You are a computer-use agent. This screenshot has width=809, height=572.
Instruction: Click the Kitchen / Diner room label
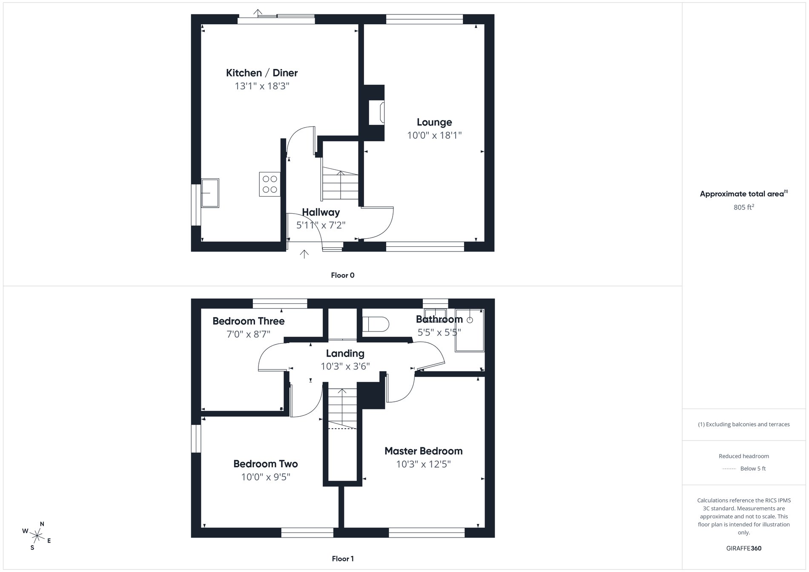point(261,73)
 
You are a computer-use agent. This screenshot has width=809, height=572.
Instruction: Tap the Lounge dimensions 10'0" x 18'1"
point(434,135)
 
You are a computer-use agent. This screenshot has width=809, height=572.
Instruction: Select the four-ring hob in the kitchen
point(270,184)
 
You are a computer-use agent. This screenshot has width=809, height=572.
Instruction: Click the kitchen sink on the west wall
point(210,193)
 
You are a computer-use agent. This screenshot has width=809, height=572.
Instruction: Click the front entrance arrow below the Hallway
point(304,254)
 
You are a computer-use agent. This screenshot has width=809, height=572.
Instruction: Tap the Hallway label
point(321,212)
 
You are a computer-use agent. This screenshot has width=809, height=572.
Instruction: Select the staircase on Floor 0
point(340,184)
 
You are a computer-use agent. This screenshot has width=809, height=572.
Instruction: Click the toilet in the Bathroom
point(376,324)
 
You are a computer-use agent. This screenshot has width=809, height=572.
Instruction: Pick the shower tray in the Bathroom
point(470,331)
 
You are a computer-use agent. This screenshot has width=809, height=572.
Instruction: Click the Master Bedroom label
point(423,451)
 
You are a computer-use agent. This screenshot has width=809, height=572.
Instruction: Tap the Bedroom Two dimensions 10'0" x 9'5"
point(266,477)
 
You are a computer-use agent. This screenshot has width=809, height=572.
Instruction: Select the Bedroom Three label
point(249,321)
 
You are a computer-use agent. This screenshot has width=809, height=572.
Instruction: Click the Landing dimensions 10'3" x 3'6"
point(345,366)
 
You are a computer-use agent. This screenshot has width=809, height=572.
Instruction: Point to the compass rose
point(37,535)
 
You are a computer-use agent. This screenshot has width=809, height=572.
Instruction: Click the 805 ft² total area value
point(743,207)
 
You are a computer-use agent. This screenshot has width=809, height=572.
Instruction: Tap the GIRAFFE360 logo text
point(743,548)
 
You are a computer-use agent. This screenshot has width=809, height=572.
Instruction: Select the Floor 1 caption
point(343,559)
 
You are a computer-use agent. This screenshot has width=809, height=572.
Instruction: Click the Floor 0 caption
point(343,275)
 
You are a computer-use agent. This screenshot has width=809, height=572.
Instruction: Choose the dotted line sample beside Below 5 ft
point(729,469)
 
